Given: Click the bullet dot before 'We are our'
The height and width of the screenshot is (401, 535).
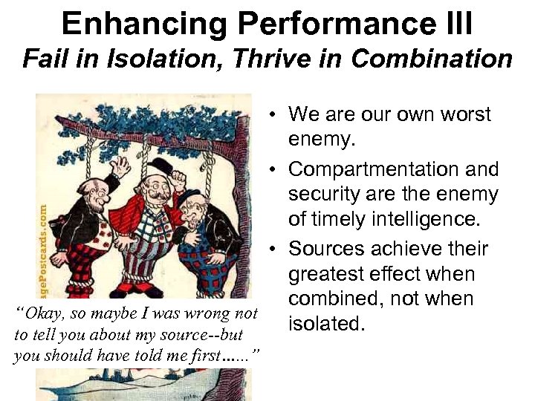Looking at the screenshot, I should tap(274, 115).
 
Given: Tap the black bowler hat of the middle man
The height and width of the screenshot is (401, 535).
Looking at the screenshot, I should tap(159, 165).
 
